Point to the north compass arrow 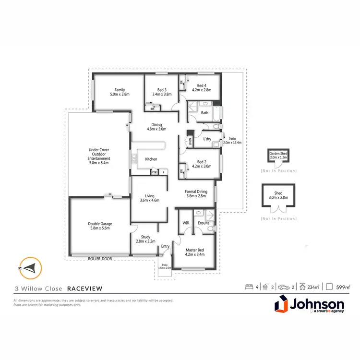tap(30, 267)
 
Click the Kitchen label tap(152, 159)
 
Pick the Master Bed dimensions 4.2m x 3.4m tap(195, 254)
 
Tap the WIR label tap(186, 223)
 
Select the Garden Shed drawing tap(278, 157)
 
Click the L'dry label tap(208, 139)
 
